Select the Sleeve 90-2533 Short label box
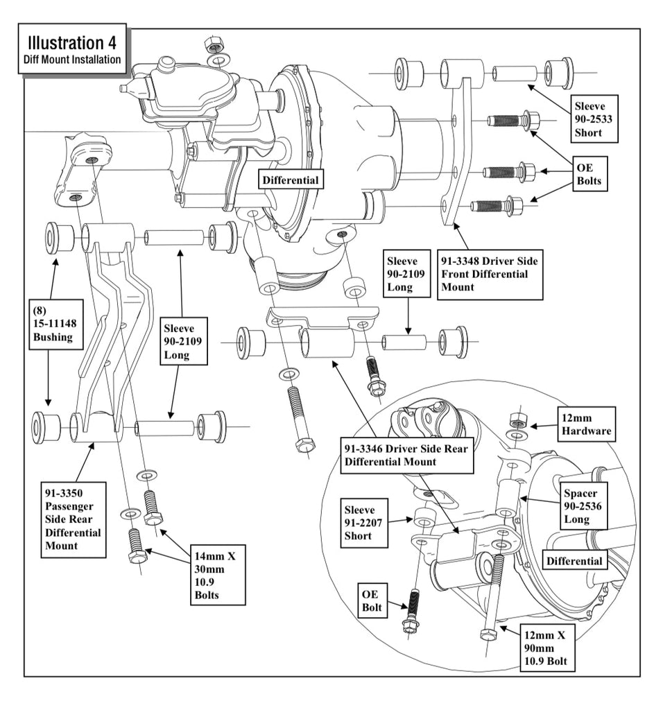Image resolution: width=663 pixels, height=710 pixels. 594,119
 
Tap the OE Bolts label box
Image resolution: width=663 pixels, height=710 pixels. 589,174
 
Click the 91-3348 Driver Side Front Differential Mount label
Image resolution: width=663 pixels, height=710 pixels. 490,275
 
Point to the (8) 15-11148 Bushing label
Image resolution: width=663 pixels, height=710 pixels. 55,324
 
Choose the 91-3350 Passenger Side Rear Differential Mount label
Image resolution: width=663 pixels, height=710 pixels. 74,519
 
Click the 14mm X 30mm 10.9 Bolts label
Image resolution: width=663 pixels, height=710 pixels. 218,575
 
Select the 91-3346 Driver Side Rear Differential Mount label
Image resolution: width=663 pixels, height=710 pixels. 406,455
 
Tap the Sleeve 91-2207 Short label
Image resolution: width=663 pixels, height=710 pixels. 364,523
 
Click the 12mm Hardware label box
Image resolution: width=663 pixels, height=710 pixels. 587,425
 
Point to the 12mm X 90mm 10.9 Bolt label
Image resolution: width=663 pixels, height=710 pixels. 547,648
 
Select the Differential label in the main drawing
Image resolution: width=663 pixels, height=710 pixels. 291,180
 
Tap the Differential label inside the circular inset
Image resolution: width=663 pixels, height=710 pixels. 574,560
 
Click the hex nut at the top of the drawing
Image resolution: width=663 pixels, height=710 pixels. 212,44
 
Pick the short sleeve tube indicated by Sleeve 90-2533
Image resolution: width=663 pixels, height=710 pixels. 515,73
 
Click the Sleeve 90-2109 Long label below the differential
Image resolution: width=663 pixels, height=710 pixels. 406,274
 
